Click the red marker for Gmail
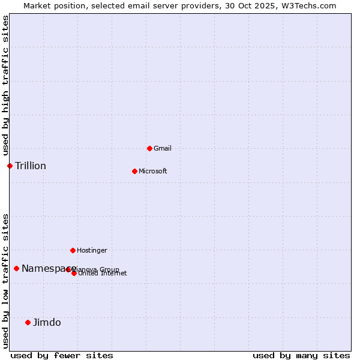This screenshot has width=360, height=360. (x=149, y=148)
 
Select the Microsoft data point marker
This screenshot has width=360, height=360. (x=134, y=171)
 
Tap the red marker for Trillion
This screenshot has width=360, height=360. (x=10, y=166)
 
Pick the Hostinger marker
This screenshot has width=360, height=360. (x=73, y=250)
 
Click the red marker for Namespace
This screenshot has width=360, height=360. (x=16, y=268)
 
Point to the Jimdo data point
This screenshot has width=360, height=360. (x=28, y=322)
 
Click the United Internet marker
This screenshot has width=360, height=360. (x=74, y=273)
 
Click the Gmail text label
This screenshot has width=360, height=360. (x=163, y=148)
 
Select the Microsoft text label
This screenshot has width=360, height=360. (x=153, y=171)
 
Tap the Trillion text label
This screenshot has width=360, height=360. (x=31, y=166)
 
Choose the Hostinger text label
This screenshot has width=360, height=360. (x=92, y=250)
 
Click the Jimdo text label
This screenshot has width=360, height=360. (x=47, y=322)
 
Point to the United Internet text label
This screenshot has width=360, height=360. (x=103, y=274)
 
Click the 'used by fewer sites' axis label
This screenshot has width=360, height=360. (x=62, y=355)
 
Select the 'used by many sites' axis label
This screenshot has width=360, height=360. (x=301, y=355)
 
